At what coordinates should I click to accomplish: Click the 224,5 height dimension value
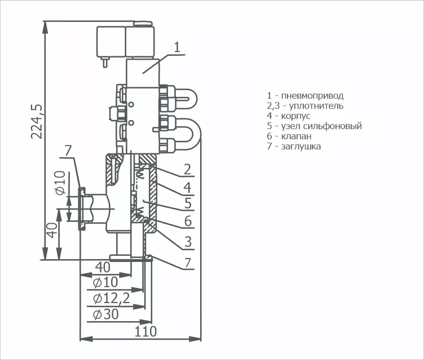pos(37,121)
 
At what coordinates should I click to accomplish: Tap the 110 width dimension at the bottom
pos(145,331)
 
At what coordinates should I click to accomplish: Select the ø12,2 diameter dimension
pos(112,298)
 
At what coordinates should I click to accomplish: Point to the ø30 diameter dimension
pos(105,314)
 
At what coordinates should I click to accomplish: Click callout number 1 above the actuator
pos(177,47)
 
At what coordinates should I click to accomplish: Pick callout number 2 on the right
pos(187,169)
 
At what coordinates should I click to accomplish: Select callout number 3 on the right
pos(188,241)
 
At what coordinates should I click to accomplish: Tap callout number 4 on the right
pos(187,187)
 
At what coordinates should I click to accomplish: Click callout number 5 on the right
pos(188,203)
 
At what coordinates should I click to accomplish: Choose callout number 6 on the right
pos(188,221)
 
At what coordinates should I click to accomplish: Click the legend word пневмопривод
pos(312,96)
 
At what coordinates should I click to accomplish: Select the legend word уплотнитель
pos(316,106)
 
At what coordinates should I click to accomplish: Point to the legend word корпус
pos(296,116)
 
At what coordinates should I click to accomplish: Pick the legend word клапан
pos(296,136)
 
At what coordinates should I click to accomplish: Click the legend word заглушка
pos(301,146)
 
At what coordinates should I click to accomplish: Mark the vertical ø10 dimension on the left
pos(60,183)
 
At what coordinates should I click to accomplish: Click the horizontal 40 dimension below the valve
pos(103,268)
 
